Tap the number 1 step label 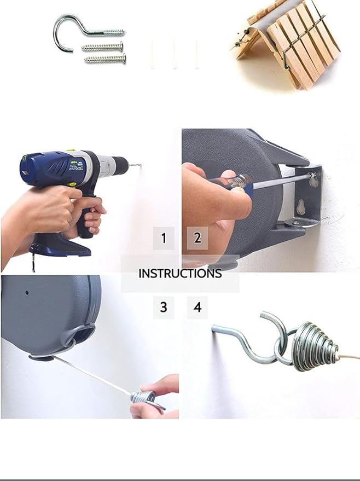(x=164, y=238)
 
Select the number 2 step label (x=197, y=237)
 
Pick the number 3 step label (x=164, y=307)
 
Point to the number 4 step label (x=198, y=307)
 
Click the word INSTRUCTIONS (x=180, y=273)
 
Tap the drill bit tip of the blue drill (x=141, y=166)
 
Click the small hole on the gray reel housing (x=27, y=293)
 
